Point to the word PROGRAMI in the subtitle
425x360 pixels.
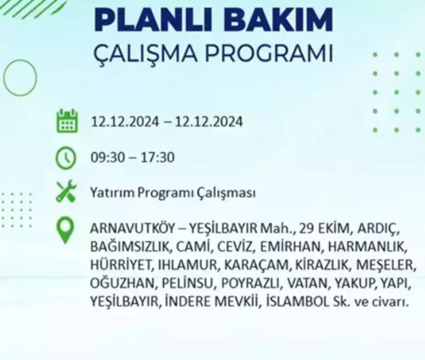[x=270, y=54]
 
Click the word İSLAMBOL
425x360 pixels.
[x=293, y=301]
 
